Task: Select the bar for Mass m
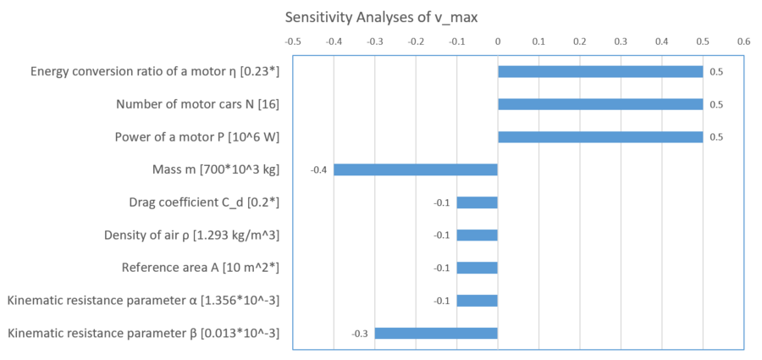point(416,169)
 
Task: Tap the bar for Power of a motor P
point(600,137)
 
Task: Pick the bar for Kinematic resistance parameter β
point(436,333)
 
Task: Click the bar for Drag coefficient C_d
point(478,202)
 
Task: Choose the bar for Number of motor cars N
point(600,104)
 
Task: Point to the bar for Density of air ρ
point(478,235)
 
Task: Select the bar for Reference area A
point(478,268)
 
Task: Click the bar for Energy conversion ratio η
point(600,72)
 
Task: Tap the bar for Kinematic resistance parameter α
point(478,300)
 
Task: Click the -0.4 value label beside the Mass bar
point(318,170)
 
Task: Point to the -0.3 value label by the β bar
point(360,333)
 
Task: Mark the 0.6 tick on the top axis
point(743,40)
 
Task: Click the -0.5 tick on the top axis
point(293,40)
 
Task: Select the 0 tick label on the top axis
point(498,40)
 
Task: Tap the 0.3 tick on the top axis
point(621,40)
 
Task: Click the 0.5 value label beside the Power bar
point(716,137)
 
